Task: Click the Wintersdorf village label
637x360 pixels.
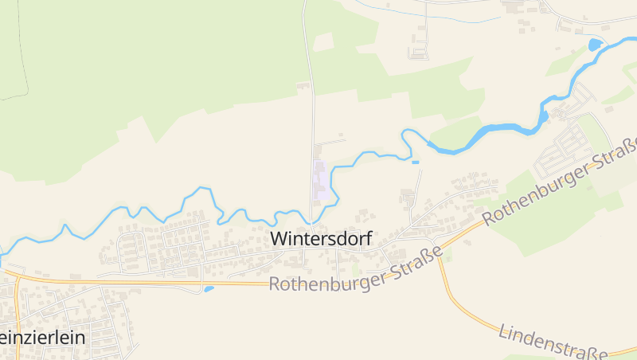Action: tap(321, 238)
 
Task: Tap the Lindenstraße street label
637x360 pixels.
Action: tap(553, 340)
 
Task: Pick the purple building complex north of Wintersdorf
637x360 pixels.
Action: tap(321, 181)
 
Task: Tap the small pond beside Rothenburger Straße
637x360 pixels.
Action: tap(209, 288)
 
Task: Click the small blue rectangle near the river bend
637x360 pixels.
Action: tap(415, 162)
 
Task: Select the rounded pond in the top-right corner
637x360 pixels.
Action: tap(595, 45)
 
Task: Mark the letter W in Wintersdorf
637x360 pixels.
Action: tap(280, 238)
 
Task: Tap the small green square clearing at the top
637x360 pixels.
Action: tap(323, 42)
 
